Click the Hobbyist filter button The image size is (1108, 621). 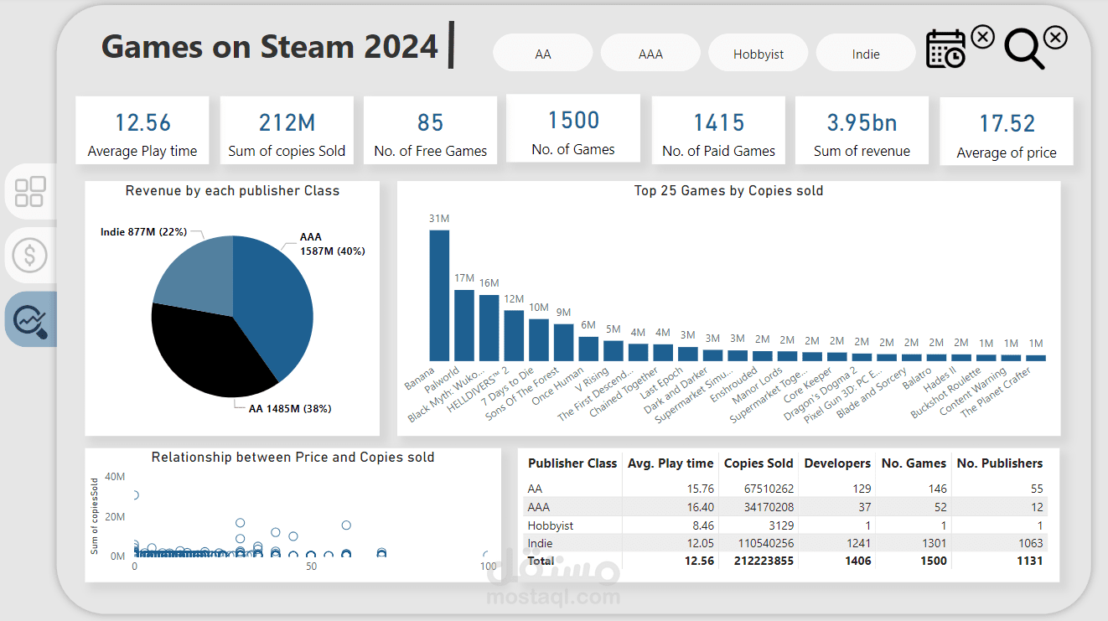[x=759, y=54]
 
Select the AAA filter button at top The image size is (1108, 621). [x=650, y=54]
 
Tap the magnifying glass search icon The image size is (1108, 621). [x=1023, y=49]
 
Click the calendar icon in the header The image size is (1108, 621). [x=946, y=49]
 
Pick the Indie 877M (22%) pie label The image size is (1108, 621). [x=143, y=232]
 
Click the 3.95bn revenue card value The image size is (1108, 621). [x=862, y=122]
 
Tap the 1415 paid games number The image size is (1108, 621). [x=718, y=122]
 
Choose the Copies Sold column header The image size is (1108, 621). [x=759, y=463]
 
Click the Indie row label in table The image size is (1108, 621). [x=541, y=543]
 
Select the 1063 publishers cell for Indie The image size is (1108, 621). [x=1027, y=543]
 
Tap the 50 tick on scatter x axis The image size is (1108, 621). [x=311, y=567]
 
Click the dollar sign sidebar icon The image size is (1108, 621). [x=30, y=255]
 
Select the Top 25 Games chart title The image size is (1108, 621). [x=728, y=191]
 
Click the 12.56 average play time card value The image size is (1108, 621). [x=142, y=122]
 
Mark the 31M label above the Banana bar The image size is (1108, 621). [x=439, y=219]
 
